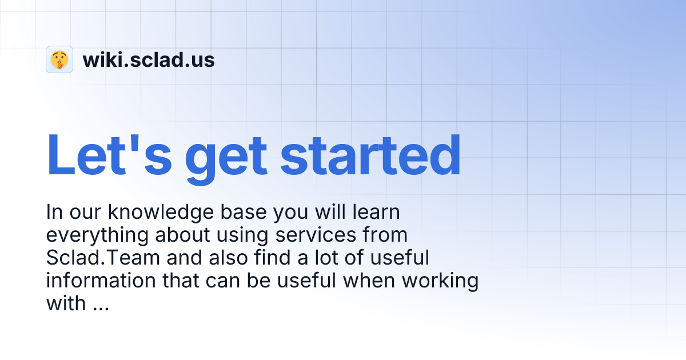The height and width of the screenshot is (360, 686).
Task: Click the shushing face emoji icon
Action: (59, 59)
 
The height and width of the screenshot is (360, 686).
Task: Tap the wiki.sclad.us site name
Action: (149, 59)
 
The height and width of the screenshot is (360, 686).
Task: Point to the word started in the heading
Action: (370, 155)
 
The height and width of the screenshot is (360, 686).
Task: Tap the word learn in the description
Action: (372, 213)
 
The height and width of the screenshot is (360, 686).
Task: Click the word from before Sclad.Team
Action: (386, 235)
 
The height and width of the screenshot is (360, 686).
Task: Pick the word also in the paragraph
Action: (228, 258)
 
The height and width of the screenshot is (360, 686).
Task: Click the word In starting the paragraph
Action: (54, 213)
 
